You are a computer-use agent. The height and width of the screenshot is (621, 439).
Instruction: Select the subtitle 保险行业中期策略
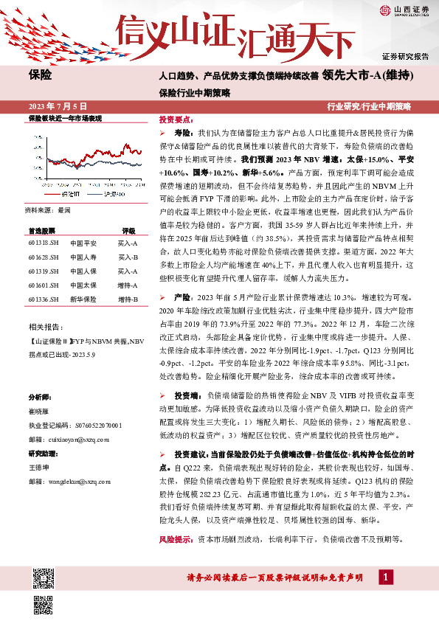click(194, 93)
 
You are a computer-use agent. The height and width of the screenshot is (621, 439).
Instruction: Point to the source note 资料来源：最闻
click(49, 210)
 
